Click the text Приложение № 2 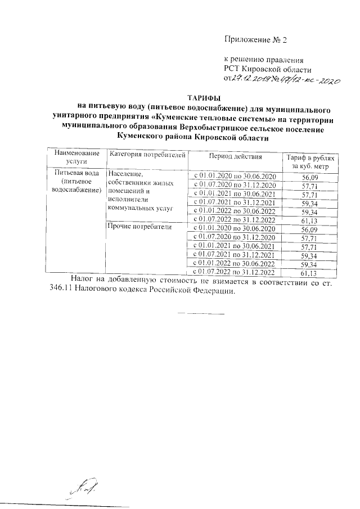click(x=255, y=40)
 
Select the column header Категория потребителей click(x=147, y=154)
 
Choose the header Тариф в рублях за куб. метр click(x=310, y=160)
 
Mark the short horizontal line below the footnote click(x=201, y=312)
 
